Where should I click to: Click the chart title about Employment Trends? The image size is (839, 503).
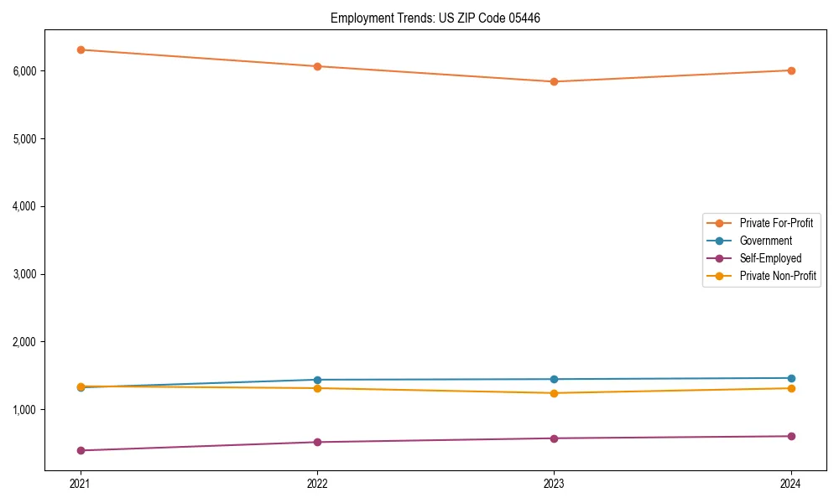tap(435, 18)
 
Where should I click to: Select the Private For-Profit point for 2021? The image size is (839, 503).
tap(81, 49)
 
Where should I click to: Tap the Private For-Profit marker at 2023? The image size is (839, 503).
tap(554, 81)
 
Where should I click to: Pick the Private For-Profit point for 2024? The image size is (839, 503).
tap(791, 70)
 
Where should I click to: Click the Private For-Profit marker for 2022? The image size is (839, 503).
tap(317, 66)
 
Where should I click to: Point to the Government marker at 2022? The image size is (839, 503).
tap(317, 380)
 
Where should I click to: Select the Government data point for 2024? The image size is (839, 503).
tap(791, 378)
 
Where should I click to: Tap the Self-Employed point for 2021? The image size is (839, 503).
tap(81, 450)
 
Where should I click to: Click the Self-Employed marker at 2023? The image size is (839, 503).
tap(554, 438)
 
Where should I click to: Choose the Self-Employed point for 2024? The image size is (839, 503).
tap(791, 436)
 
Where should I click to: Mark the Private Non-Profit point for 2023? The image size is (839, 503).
tap(554, 393)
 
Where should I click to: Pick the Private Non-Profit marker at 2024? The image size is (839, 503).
tap(791, 388)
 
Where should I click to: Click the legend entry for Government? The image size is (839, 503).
tap(765, 241)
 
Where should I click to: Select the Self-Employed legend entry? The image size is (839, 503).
tap(770, 258)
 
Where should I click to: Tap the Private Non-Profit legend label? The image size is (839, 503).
tap(778, 276)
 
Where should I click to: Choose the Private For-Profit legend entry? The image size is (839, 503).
tap(776, 223)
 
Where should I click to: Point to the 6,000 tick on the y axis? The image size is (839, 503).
tap(25, 70)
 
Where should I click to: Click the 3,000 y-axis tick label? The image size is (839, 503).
tap(25, 274)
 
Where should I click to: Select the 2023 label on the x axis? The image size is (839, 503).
tap(554, 484)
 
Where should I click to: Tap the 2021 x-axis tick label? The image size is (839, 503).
tap(81, 484)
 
